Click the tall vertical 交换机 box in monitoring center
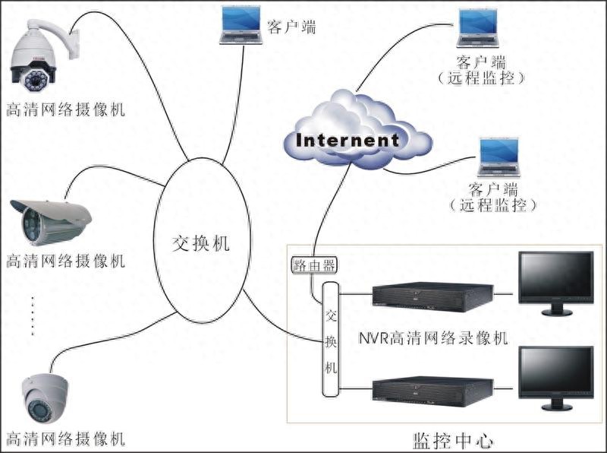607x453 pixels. point(330,339)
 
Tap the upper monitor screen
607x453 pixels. point(556,277)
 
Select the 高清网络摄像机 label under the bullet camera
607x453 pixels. point(65,262)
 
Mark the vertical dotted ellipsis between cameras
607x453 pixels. point(33,315)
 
